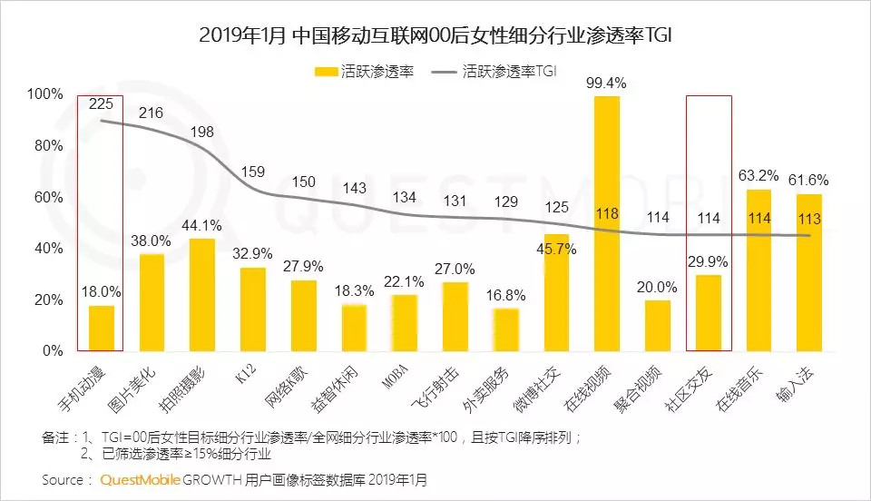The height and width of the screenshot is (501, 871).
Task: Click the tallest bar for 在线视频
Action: click(x=606, y=223)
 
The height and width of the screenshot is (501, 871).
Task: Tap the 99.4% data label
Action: click(x=606, y=83)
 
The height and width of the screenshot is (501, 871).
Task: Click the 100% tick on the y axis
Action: click(x=44, y=94)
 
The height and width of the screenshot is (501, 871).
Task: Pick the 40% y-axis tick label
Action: click(x=48, y=249)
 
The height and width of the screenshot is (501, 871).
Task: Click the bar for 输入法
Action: click(x=809, y=272)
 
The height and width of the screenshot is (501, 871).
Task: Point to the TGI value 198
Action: click(x=201, y=133)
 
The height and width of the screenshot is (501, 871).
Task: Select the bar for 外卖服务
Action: click(x=505, y=329)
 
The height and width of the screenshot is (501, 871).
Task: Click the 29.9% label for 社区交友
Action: click(x=708, y=260)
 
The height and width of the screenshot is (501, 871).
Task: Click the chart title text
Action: click(x=435, y=35)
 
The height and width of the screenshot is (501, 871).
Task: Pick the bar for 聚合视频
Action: click(x=657, y=325)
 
